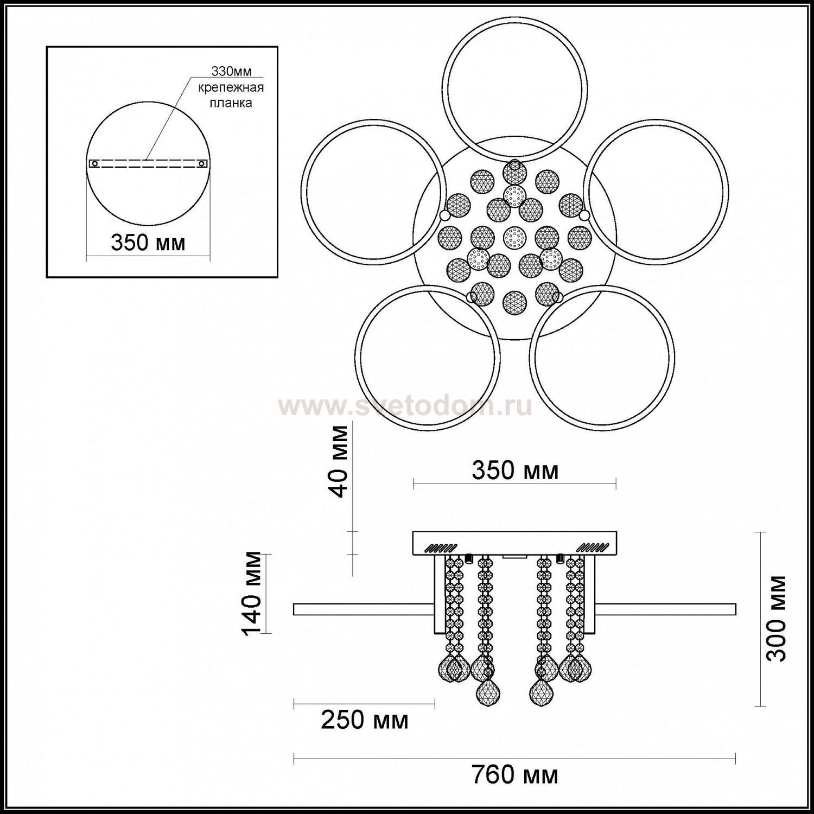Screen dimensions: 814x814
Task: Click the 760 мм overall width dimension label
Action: tap(514, 775)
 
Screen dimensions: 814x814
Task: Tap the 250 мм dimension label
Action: tap(365, 720)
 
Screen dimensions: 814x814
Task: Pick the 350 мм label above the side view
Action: tap(515, 470)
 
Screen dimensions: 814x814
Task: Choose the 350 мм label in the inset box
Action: tap(148, 242)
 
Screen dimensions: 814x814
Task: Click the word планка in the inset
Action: tap(231, 102)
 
